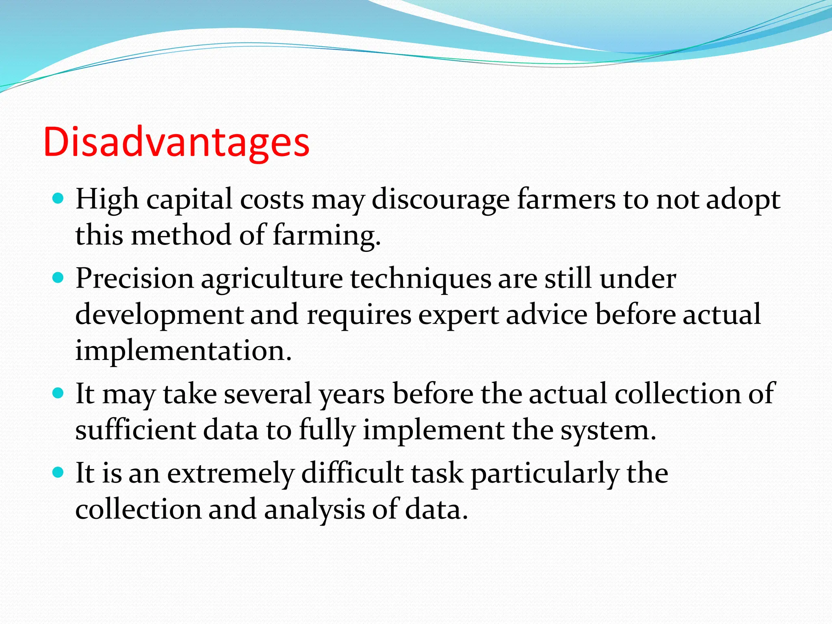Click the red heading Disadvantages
[x=176, y=142]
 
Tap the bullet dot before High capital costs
[x=58, y=199]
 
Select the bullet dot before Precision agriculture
[x=58, y=278]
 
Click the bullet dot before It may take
[x=58, y=393]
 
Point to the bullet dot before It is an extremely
[x=58, y=472]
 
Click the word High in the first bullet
[x=107, y=200]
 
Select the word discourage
[x=440, y=200]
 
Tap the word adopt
[x=743, y=200]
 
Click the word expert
[x=459, y=315]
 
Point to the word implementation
[x=183, y=351]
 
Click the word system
[x=608, y=431]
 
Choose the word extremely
[x=231, y=474]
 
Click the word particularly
[x=545, y=474]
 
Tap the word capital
[x=190, y=200]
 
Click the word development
[x=159, y=315]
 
